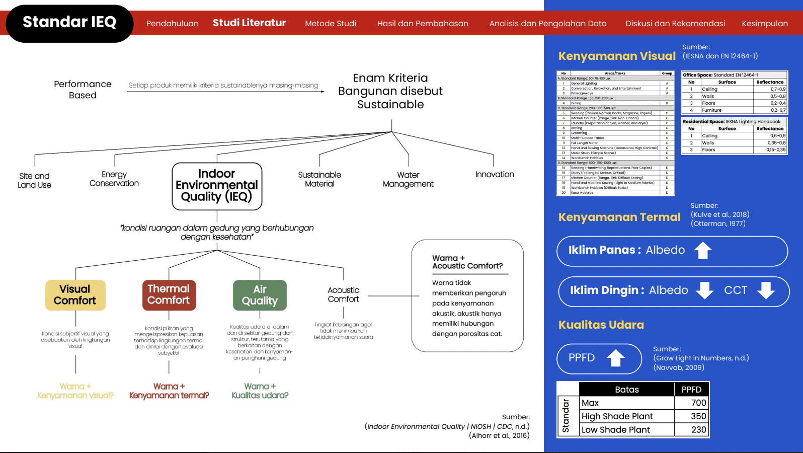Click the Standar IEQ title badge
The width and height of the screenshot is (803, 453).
(69, 23)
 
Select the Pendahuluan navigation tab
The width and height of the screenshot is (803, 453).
(172, 24)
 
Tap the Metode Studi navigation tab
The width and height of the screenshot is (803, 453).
(331, 24)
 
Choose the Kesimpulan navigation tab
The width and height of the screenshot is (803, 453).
(764, 24)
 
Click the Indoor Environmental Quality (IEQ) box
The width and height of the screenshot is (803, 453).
(217, 186)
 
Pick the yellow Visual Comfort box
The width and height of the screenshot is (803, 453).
(75, 295)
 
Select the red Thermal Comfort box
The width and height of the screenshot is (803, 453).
(169, 295)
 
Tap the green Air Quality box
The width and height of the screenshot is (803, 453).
(260, 295)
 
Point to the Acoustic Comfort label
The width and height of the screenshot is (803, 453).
(344, 294)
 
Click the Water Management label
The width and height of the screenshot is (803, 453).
(408, 179)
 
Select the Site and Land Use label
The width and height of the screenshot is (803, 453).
(34, 180)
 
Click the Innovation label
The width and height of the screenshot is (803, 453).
(495, 175)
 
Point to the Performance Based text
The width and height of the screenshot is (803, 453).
(83, 90)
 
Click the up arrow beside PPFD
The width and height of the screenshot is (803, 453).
(615, 358)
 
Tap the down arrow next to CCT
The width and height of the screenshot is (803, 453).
(766, 290)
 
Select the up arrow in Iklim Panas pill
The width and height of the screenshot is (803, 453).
(703, 250)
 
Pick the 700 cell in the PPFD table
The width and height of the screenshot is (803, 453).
(698, 403)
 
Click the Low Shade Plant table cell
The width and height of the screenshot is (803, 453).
(616, 430)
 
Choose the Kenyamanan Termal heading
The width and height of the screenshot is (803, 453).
(619, 217)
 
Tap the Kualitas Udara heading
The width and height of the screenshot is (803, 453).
(601, 325)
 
